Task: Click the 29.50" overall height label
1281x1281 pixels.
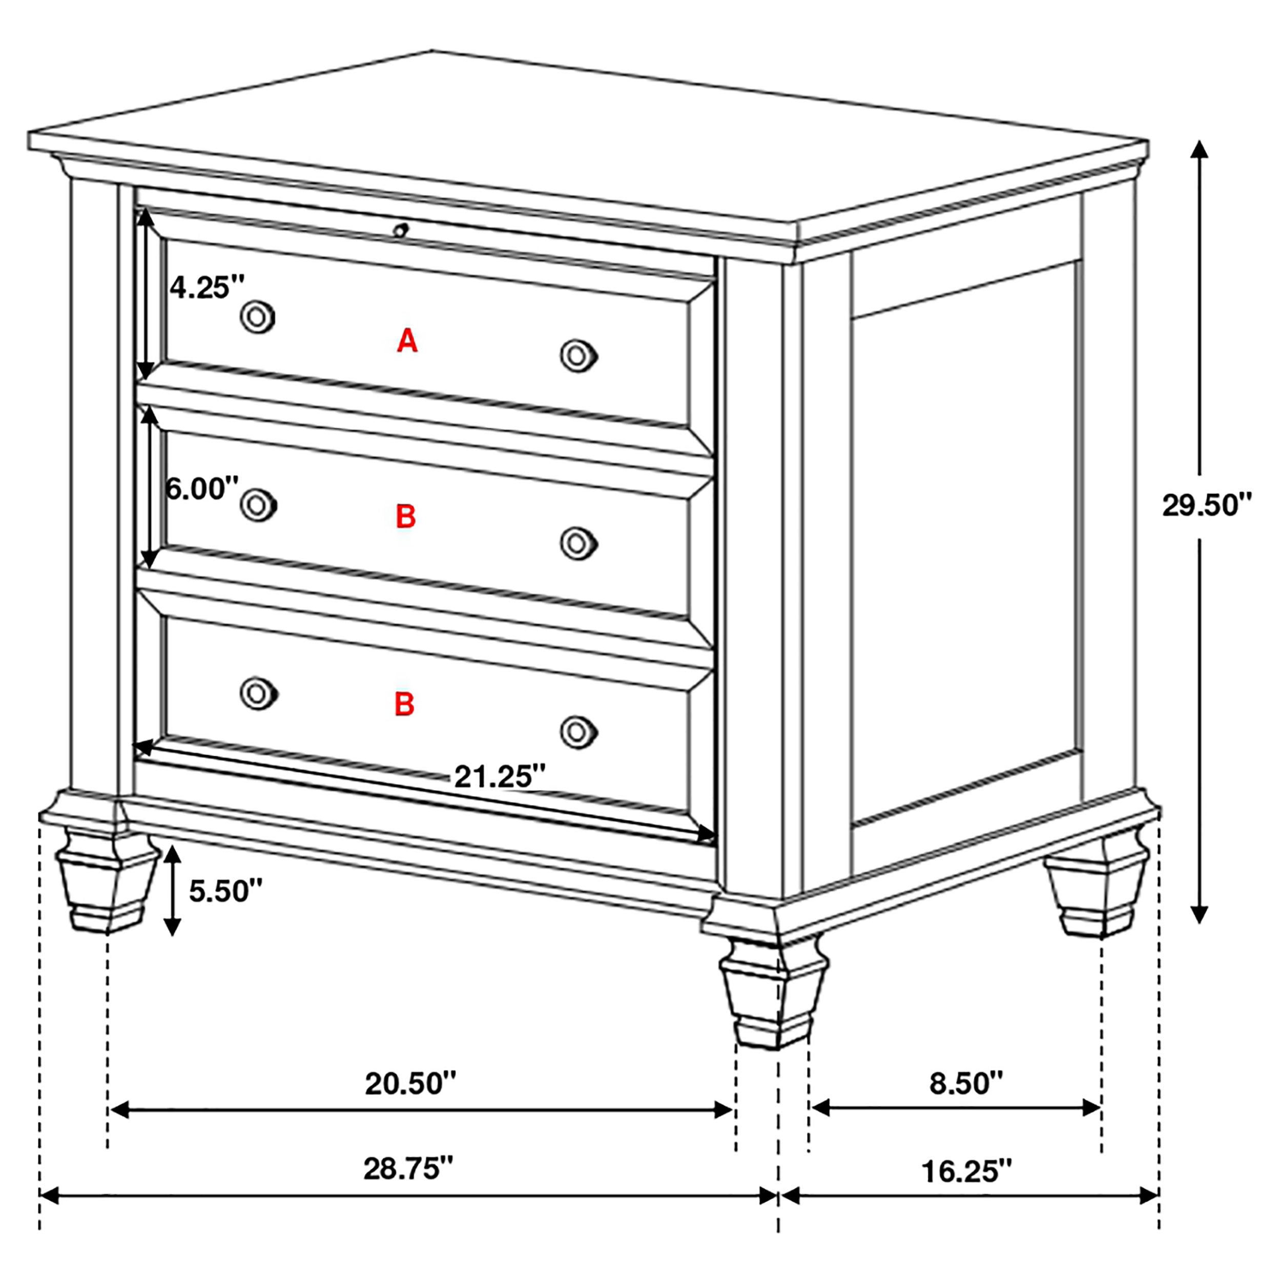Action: tap(1206, 506)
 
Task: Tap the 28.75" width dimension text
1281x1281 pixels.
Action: tap(408, 1168)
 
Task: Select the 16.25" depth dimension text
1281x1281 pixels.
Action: tap(967, 1171)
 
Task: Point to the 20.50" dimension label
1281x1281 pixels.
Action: tap(410, 1084)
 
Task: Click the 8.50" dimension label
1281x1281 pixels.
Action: tap(966, 1083)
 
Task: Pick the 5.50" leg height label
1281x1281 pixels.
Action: tap(226, 891)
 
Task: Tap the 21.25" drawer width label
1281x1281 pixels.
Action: tap(499, 776)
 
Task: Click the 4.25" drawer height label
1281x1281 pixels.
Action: tap(207, 288)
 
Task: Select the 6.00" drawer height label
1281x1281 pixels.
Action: tap(201, 489)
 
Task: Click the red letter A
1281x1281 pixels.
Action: tap(407, 341)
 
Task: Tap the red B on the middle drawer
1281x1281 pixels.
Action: tap(405, 516)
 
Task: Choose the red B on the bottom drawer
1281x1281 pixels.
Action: tap(404, 704)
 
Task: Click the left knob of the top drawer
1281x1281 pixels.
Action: tap(257, 317)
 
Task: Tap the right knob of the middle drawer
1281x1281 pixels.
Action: tap(578, 544)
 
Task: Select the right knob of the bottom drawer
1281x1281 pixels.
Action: tap(578, 732)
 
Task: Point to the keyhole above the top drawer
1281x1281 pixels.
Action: tap(400, 230)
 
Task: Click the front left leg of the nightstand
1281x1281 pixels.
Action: tap(106, 882)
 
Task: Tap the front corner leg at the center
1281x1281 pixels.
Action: tap(773, 995)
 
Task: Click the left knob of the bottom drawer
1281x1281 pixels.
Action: tap(257, 694)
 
